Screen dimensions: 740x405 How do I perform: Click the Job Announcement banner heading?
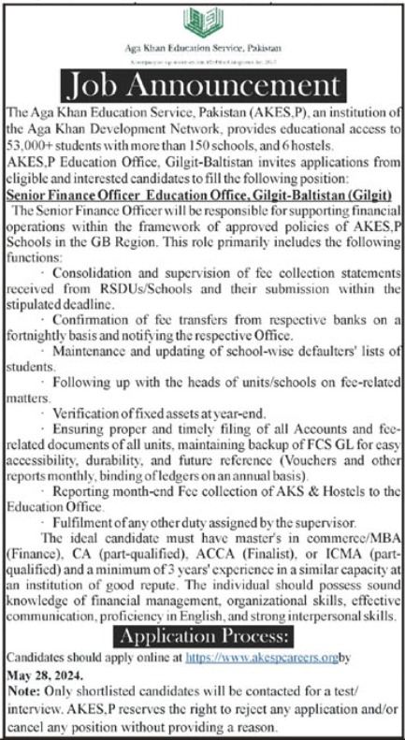pos(203,87)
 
